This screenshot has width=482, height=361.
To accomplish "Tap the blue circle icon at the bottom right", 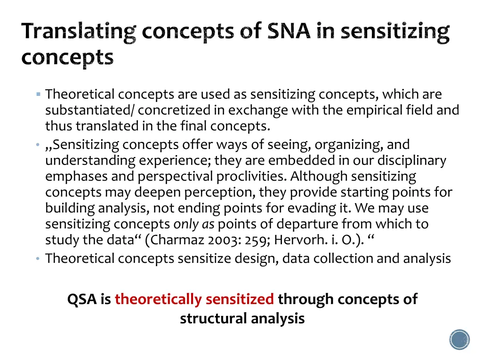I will [x=459, y=339].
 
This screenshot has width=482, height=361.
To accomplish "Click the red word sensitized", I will [x=240, y=299].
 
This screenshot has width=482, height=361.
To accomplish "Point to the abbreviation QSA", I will [x=82, y=299].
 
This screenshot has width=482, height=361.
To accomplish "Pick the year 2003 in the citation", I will [x=214, y=241].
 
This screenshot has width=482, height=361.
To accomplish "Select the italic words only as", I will [x=194, y=224].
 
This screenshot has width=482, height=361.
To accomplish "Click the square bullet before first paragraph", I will [x=38, y=94].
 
